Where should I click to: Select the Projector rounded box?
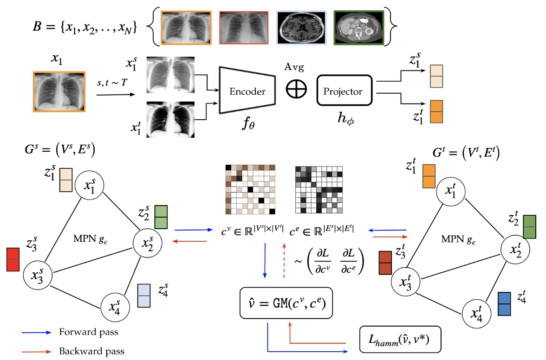[x=345, y=91]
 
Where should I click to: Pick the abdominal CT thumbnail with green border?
[x=359, y=27]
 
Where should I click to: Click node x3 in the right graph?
[x=405, y=282]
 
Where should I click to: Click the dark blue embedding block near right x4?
[x=505, y=304]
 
